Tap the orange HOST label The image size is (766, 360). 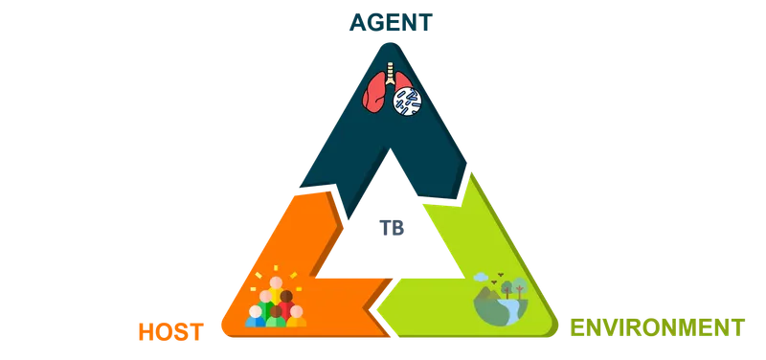(x=170, y=331)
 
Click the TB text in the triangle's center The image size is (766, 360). (x=388, y=226)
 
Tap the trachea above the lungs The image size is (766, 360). (x=389, y=69)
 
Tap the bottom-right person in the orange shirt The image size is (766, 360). (x=297, y=317)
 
